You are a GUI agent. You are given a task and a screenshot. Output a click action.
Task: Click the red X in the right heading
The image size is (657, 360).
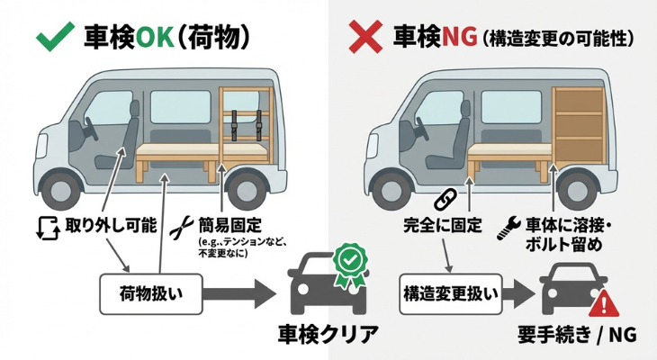coord(363,37)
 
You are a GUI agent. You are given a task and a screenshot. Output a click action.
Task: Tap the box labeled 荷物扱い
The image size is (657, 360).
coord(146,292)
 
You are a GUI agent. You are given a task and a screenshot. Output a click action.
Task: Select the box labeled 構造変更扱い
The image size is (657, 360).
coord(447,292)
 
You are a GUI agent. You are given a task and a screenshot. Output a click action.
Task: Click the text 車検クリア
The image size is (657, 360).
coord(326,335)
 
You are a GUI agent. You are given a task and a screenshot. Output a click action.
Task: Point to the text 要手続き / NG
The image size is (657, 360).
coord(577,335)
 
